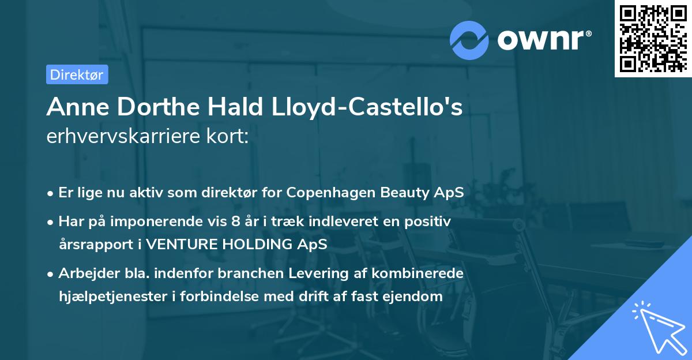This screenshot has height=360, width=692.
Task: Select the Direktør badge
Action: pyautogui.click(x=77, y=74)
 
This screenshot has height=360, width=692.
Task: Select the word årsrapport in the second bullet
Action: pyautogui.click(x=94, y=244)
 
